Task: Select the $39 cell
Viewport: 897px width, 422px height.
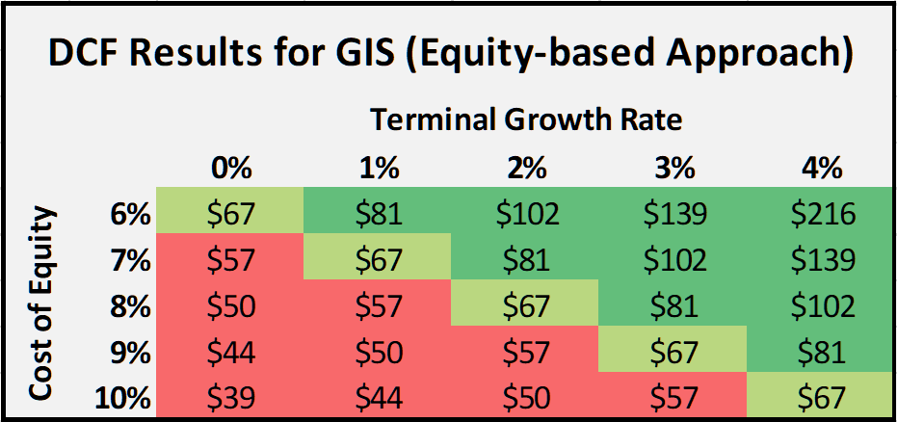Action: pyautogui.click(x=231, y=396)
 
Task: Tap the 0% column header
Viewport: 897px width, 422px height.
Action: pyautogui.click(x=231, y=168)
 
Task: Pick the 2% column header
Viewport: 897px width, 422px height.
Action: pyautogui.click(x=525, y=168)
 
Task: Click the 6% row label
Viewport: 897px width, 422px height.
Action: pyautogui.click(x=131, y=213)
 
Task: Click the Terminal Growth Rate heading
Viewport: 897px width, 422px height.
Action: pyautogui.click(x=526, y=120)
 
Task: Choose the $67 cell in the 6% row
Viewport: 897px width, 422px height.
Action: pyautogui.click(x=231, y=213)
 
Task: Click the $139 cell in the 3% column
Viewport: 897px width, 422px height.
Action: pyautogui.click(x=673, y=213)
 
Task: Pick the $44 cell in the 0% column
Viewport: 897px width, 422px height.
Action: pyautogui.click(x=231, y=351)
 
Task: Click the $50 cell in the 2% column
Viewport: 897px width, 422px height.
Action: pyautogui.click(x=525, y=396)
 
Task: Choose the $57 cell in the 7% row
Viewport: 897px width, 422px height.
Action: pyautogui.click(x=231, y=259)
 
